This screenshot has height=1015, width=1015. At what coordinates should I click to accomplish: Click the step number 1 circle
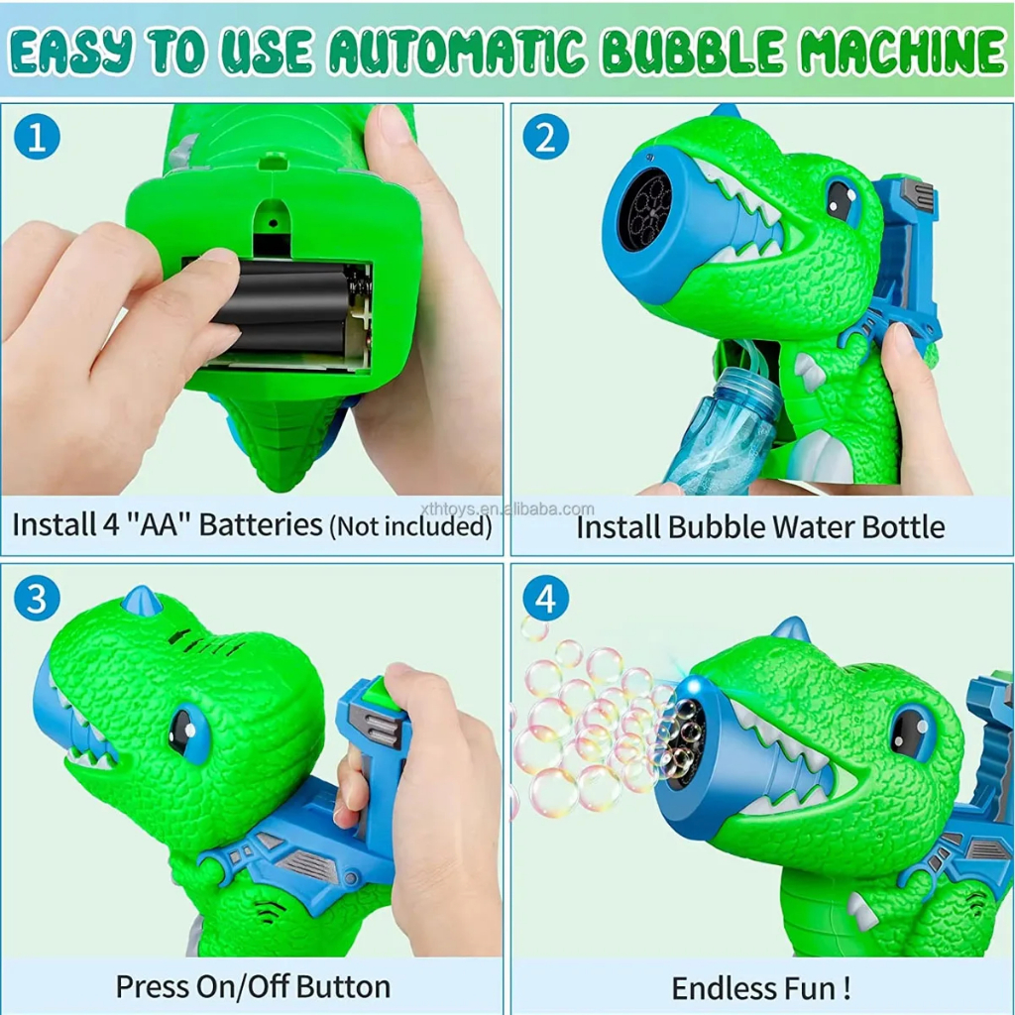pyautogui.click(x=37, y=137)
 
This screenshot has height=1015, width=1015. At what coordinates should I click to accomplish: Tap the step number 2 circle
pyautogui.click(x=546, y=137)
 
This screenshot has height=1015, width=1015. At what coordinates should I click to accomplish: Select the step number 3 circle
pyautogui.click(x=37, y=598)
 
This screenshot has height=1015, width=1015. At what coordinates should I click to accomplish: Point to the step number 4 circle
pyautogui.click(x=546, y=598)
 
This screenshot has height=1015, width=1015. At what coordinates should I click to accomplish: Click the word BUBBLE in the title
pyautogui.click(x=693, y=52)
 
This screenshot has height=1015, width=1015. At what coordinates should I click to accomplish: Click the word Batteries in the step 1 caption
pyautogui.click(x=261, y=525)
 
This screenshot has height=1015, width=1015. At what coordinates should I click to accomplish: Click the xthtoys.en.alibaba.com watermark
pyautogui.click(x=507, y=508)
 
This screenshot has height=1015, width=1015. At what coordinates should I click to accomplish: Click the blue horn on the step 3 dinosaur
pyautogui.click(x=143, y=601)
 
